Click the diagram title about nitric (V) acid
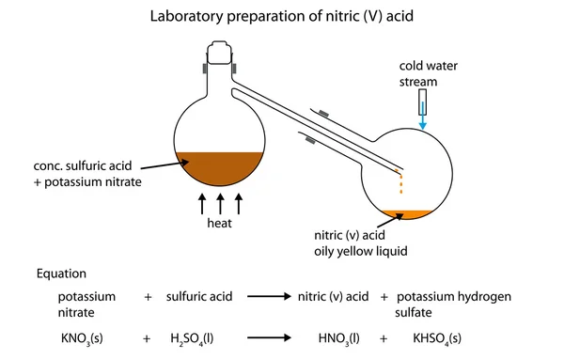pyautogui.click(x=282, y=16)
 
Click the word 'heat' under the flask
pyautogui.click(x=220, y=225)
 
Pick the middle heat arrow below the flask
pyautogui.click(x=220, y=204)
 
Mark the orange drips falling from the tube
pyautogui.click(x=401, y=186)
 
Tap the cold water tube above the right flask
pyautogui.click(x=422, y=100)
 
